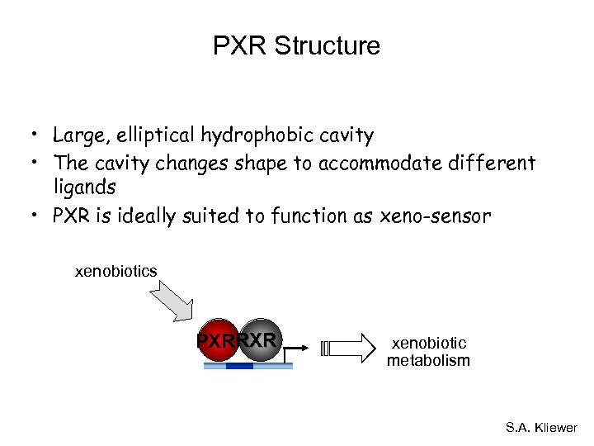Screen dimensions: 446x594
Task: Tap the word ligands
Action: tap(84, 188)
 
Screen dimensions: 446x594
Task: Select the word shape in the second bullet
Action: tap(266, 163)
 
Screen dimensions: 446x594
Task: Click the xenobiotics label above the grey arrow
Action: tap(116, 271)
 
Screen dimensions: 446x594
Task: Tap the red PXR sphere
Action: tap(217, 339)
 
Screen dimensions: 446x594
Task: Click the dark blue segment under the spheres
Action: tap(239, 365)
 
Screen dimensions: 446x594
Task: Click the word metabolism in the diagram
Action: tap(428, 360)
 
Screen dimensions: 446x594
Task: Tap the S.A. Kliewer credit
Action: tap(541, 428)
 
